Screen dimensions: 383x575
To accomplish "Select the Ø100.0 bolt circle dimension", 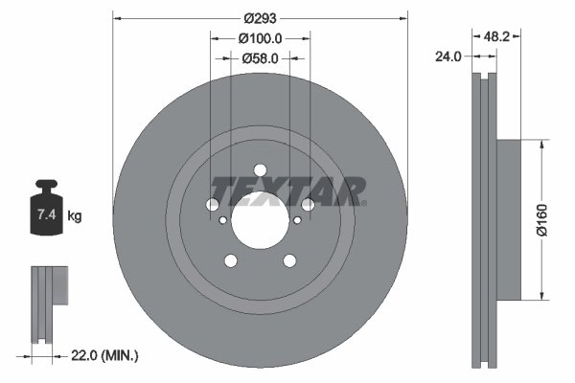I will (x=260, y=38).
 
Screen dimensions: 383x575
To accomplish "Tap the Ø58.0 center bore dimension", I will (x=260, y=58).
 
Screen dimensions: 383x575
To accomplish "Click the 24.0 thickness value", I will (x=447, y=56).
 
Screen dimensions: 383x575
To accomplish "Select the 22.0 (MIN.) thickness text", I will (x=105, y=355).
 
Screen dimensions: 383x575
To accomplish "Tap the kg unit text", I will (x=75, y=216).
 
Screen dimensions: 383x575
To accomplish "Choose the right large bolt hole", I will (x=308, y=204).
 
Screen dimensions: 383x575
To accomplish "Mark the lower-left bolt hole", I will (x=230, y=260).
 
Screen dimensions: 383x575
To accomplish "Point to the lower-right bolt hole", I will (x=289, y=260).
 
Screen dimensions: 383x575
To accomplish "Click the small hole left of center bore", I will (x=223, y=221).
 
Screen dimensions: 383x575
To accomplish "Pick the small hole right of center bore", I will (x=297, y=221).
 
